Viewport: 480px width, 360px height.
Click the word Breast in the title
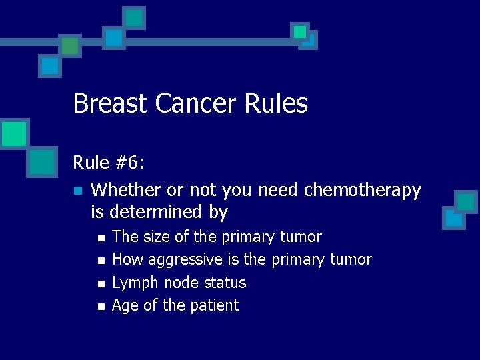[x=111, y=104]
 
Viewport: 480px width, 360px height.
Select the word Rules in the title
[x=276, y=104]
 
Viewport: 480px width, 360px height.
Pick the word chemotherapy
[x=362, y=191]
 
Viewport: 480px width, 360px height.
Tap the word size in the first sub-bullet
[x=157, y=237]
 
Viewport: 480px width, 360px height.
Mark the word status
[x=225, y=283]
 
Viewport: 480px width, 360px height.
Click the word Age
[x=125, y=305]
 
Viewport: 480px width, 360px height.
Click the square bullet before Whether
[x=78, y=191]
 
